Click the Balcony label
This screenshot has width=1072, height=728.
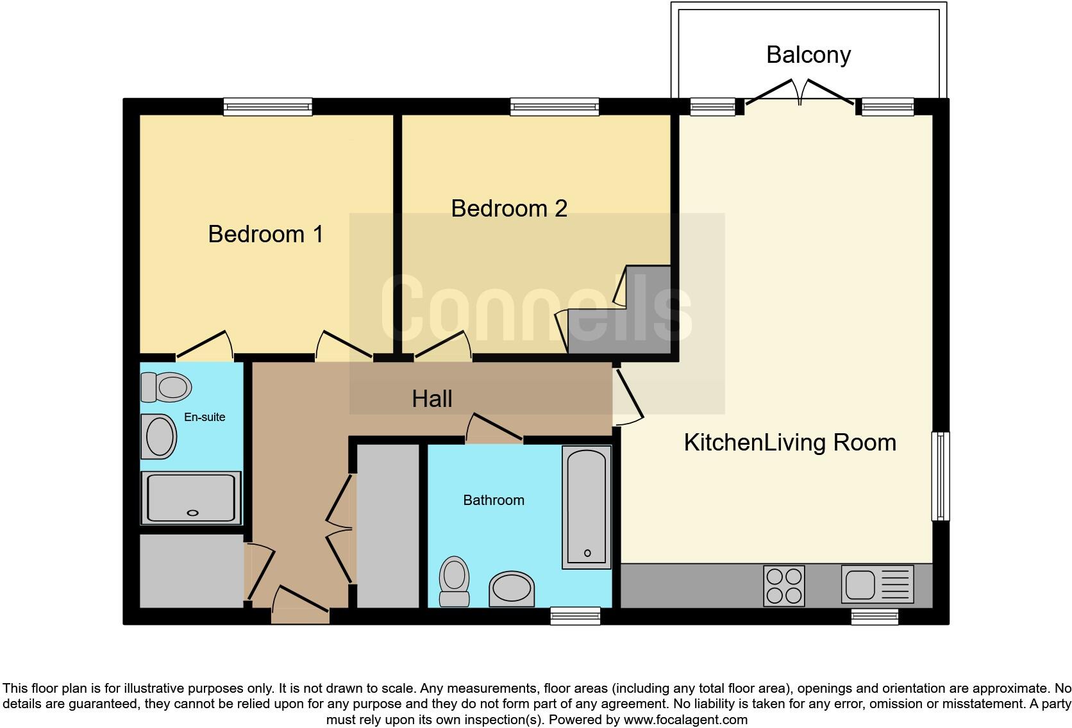click(808, 55)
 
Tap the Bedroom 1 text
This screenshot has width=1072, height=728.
click(265, 234)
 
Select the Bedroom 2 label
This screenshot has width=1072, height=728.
click(509, 208)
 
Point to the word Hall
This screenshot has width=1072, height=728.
click(431, 399)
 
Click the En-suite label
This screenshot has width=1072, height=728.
click(205, 417)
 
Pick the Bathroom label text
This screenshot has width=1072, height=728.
click(494, 500)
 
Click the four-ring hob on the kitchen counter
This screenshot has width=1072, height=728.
click(783, 586)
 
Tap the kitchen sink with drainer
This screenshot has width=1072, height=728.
click(877, 584)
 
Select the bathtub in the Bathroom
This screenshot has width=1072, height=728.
click(587, 508)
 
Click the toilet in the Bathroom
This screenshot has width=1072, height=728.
click(454, 581)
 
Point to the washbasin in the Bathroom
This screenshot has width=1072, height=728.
click(512, 589)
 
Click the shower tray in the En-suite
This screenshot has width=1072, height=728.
click(191, 497)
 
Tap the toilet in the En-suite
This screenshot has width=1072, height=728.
click(166, 387)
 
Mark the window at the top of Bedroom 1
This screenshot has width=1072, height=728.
click(267, 107)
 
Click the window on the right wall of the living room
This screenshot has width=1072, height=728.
click(940, 476)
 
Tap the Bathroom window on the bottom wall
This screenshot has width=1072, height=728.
click(575, 616)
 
